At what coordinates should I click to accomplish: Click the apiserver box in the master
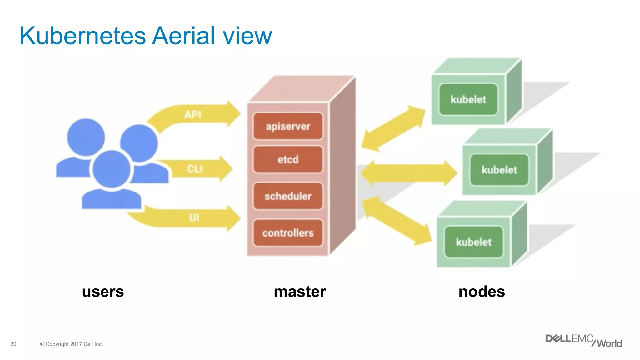288,126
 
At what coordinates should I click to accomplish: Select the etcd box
288,159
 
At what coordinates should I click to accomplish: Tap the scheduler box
288,196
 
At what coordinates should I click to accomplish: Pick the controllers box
288,233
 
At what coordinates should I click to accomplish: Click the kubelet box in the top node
468,99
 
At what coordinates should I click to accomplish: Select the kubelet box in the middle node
499,170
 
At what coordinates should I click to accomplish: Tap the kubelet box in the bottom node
473,242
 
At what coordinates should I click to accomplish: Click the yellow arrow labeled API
200,114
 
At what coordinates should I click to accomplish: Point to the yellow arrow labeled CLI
200,169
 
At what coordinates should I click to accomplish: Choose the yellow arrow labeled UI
200,217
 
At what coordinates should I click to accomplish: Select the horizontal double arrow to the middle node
409,173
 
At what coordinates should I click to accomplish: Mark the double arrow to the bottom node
397,221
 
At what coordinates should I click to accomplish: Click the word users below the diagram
103,292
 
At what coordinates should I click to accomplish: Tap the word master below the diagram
300,292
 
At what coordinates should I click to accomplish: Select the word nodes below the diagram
482,292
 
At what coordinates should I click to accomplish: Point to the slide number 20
13,344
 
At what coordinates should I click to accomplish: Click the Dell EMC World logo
583,341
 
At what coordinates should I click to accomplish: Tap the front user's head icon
112,169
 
